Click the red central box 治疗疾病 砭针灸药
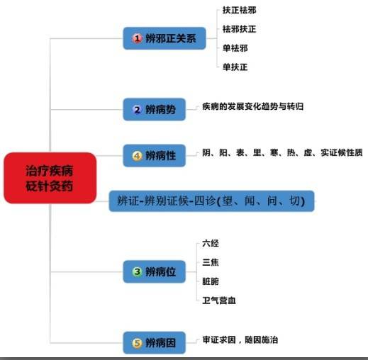click(50, 178)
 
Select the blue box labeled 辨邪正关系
click(165, 38)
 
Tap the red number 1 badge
click(137, 38)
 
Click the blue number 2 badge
click(137, 110)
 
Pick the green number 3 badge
click(137, 271)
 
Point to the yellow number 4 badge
click(137, 156)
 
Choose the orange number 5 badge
click(137, 343)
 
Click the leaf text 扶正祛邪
click(239, 10)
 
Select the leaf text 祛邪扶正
click(239, 29)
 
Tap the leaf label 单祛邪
click(235, 48)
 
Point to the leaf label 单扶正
click(235, 67)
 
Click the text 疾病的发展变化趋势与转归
click(252, 106)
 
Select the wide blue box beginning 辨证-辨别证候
click(211, 201)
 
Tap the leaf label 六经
click(211, 243)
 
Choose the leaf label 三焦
click(211, 262)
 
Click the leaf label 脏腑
click(211, 281)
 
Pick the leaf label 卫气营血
click(219, 300)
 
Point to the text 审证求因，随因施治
click(240, 340)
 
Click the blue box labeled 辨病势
click(154, 110)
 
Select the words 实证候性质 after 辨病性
click(342, 152)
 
